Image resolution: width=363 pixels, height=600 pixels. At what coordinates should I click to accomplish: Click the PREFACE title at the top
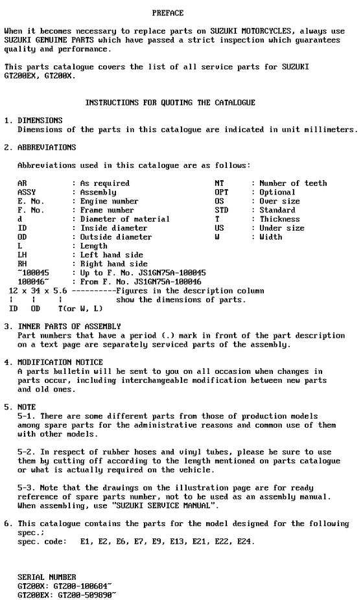[x=168, y=13]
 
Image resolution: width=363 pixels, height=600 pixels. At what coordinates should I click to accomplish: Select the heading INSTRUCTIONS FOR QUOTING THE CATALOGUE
[x=170, y=102]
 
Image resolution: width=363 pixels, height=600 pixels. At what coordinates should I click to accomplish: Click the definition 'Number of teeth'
[x=293, y=183]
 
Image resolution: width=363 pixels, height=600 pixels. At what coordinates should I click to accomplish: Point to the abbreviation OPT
[x=222, y=192]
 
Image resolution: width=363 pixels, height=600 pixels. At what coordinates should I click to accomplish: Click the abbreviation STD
[x=222, y=210]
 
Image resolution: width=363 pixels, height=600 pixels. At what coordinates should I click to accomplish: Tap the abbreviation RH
[x=22, y=264]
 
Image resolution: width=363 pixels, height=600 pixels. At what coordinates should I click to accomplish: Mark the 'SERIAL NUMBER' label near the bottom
[x=47, y=577]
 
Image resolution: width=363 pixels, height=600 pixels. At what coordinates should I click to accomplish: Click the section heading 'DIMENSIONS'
[x=40, y=121]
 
